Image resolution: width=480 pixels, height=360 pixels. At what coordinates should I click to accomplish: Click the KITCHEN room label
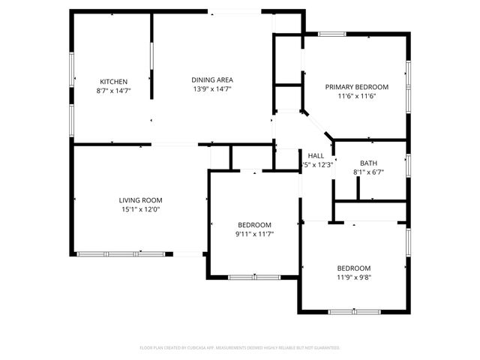pos(114,82)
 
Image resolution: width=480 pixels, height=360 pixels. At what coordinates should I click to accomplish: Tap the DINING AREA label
pos(212,79)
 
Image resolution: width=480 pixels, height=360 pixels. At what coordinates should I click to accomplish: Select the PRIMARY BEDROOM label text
pos(356,87)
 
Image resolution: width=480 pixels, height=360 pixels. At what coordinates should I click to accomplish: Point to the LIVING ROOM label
pos(140,200)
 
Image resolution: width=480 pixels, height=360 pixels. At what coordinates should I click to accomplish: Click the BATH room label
pos(368,163)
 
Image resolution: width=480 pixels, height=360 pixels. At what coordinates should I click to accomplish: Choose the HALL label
pos(316,155)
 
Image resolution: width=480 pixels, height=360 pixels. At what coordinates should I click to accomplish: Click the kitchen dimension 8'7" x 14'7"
pos(114,90)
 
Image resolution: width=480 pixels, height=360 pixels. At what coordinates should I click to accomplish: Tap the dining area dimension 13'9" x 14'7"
pos(212,88)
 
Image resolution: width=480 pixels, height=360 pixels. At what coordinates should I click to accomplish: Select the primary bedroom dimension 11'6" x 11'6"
pos(356,96)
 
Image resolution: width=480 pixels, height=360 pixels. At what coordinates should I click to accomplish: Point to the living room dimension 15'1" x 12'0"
pos(140,209)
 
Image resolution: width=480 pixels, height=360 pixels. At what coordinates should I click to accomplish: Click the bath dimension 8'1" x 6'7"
pos(368,172)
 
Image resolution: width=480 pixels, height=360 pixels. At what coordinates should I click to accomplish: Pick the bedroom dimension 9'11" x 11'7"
pos(255,234)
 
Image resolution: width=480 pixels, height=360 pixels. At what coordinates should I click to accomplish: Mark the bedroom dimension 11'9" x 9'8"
pos(353,277)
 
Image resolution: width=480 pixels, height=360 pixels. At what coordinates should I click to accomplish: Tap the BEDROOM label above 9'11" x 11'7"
pos(255,225)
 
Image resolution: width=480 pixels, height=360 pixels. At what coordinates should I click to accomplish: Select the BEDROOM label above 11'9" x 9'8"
pos(353,268)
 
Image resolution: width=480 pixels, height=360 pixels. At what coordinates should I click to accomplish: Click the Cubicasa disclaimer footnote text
pos(240,348)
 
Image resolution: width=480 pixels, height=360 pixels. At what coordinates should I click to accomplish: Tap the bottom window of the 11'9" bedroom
pos(349,311)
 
